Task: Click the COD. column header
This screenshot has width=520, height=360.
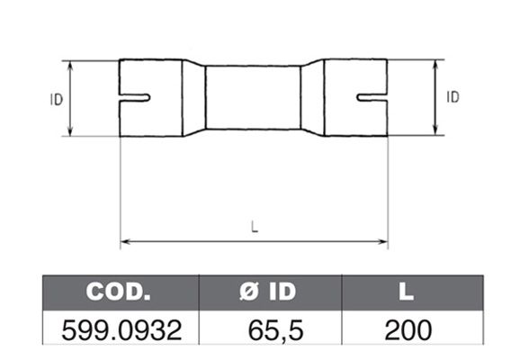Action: pos(119,292)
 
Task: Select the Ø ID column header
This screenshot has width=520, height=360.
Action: pos(267,292)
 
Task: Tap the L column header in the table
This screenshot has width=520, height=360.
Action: pos(407,292)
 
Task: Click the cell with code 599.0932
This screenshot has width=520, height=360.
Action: pos(121,330)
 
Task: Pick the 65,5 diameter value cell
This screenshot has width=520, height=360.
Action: pos(275,330)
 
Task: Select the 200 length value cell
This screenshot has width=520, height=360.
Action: pos(408,330)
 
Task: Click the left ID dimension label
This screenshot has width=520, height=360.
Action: pos(57,100)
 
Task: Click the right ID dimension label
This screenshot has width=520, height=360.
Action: pos(453,97)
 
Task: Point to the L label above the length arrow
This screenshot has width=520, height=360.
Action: pos(255,227)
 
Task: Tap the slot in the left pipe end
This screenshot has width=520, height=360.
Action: pos(135,97)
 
